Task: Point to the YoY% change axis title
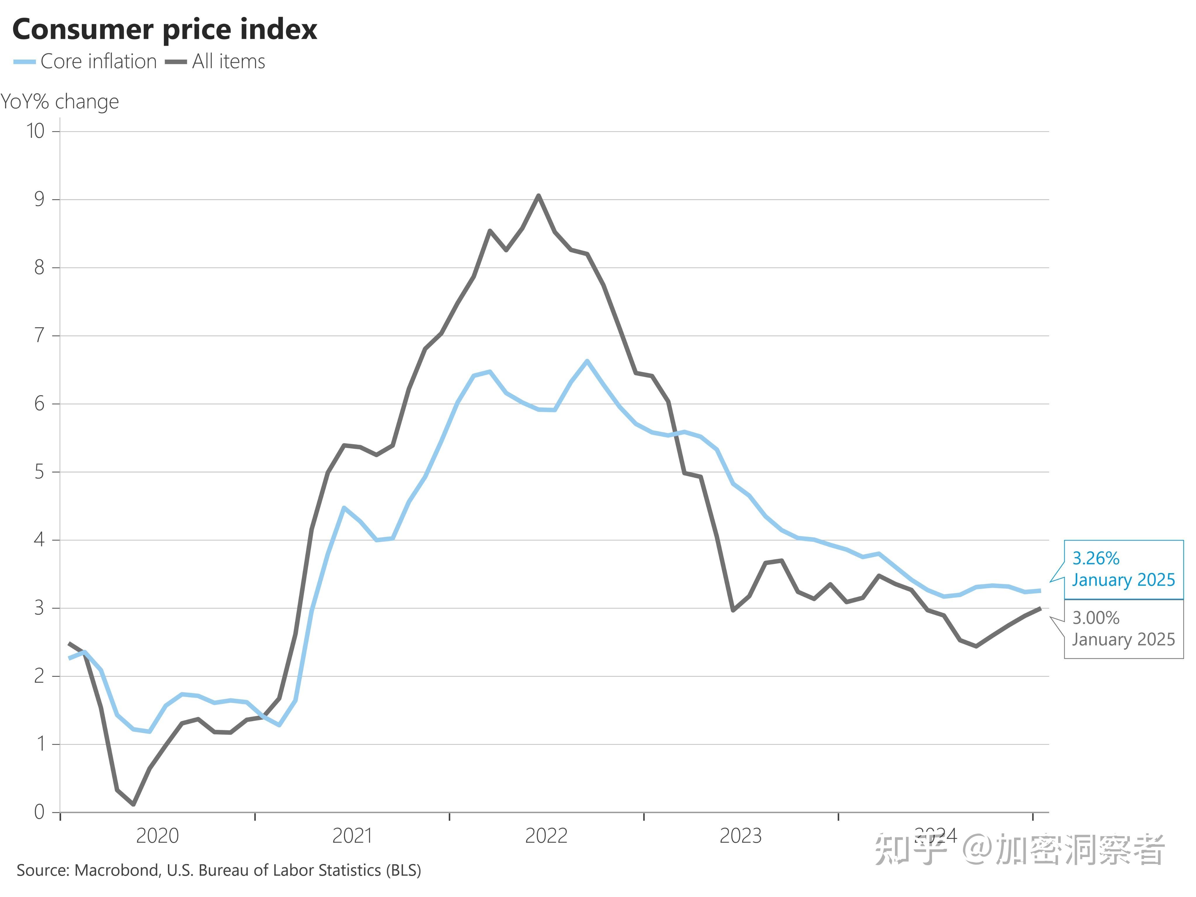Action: [60, 102]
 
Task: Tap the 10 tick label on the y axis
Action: [36, 131]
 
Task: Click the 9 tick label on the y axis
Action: [39, 199]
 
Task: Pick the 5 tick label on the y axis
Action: [39, 472]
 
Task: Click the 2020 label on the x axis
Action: [157, 836]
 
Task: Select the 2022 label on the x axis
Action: [546, 836]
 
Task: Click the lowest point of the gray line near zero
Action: [133, 804]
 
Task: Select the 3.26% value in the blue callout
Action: [1096, 558]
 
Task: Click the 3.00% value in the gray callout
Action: [1096, 618]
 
